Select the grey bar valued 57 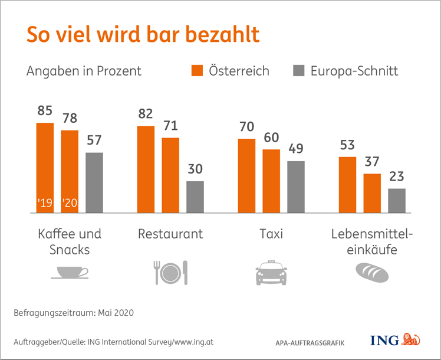pyautogui.click(x=94, y=182)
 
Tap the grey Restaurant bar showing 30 pyautogui.click(x=195, y=197)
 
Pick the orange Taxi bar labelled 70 pyautogui.click(x=246, y=175)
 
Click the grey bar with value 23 pyautogui.click(x=397, y=200)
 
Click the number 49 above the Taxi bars pyautogui.click(x=297, y=149)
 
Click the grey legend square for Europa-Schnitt pyautogui.click(x=298, y=71)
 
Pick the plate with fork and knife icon pyautogui.click(x=170, y=273)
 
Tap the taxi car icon pyautogui.click(x=271, y=273)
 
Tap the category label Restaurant pyautogui.click(x=170, y=234)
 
